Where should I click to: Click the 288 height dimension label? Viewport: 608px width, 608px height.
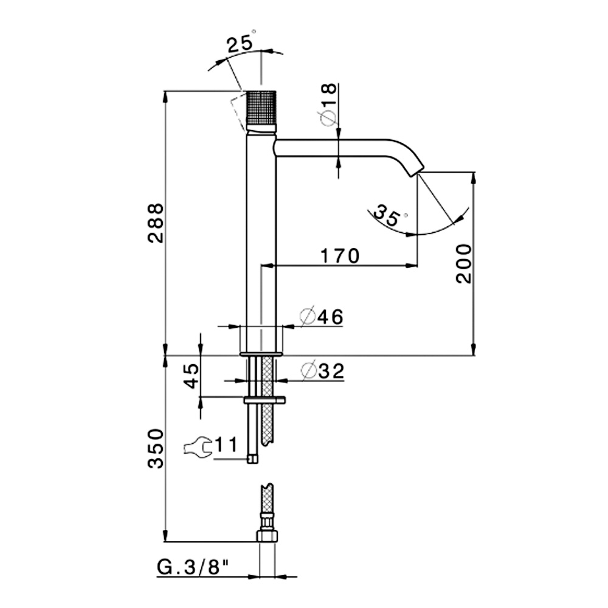pos(156,223)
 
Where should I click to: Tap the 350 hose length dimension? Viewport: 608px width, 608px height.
pos(156,448)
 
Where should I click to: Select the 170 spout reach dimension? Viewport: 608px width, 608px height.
pos(340,256)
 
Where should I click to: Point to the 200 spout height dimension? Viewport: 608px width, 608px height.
pos(464,264)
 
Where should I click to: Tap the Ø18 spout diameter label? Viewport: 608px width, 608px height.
pos(328,104)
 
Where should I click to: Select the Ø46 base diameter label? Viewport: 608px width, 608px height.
pos(322,317)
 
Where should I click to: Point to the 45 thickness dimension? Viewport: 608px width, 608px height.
pos(192,376)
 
